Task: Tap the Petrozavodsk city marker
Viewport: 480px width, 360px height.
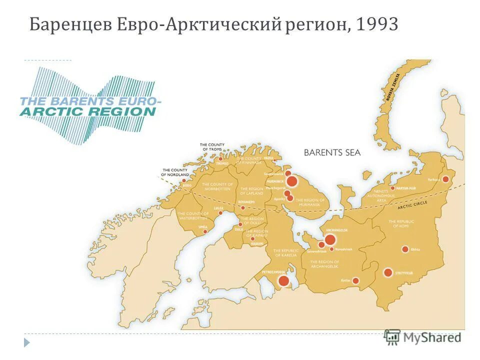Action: pyautogui.click(x=283, y=280)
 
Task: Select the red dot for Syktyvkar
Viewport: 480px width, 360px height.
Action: pyautogui.click(x=388, y=272)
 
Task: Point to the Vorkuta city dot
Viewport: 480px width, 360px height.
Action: pyautogui.click(x=445, y=179)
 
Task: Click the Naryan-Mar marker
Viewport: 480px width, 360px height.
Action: pyautogui.click(x=393, y=188)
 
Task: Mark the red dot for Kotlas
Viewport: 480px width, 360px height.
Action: pyautogui.click(x=355, y=280)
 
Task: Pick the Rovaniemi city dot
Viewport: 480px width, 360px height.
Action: pyautogui.click(x=243, y=207)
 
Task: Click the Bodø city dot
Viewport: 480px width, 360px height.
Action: pyautogui.click(x=184, y=180)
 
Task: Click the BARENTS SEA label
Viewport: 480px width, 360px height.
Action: pyautogui.click(x=332, y=152)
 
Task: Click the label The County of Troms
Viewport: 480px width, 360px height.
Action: pyautogui.click(x=212, y=146)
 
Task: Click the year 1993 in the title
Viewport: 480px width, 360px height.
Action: pyautogui.click(x=377, y=24)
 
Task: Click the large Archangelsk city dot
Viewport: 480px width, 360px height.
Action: pyautogui.click(x=330, y=239)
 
